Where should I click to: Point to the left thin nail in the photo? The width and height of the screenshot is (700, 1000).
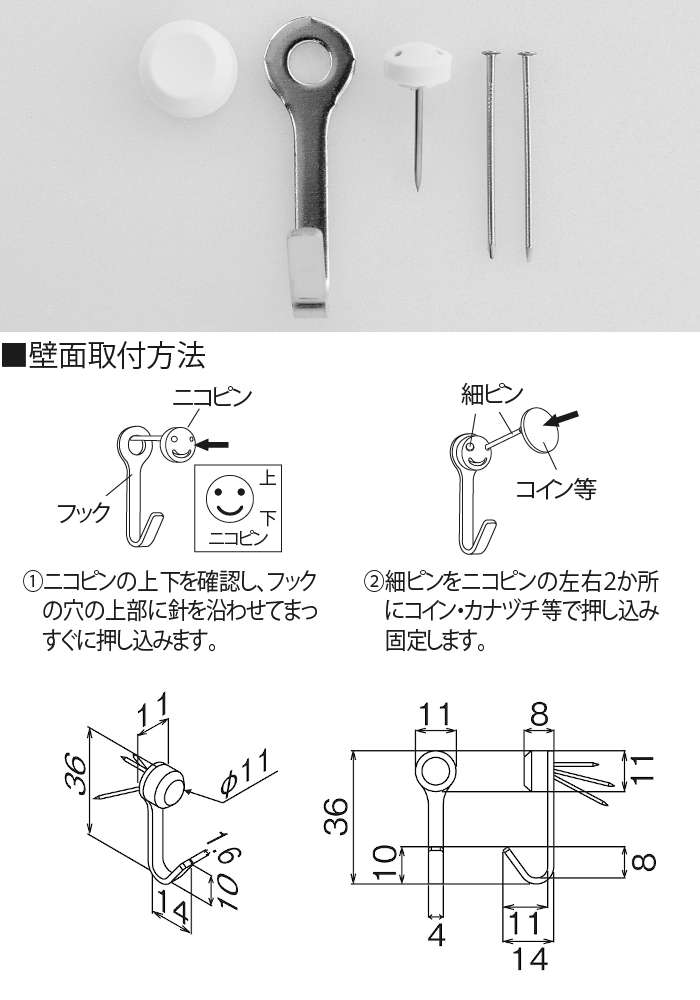coord(490,154)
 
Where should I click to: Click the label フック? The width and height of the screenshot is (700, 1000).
coord(84,511)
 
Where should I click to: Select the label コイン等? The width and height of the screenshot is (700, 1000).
coord(556,489)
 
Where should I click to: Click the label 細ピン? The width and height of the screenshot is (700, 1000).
coord(492,395)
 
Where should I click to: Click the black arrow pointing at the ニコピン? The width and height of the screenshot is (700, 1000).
coord(212,444)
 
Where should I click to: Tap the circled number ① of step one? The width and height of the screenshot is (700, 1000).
coord(33,582)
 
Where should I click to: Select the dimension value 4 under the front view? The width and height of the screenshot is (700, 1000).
coord(436,935)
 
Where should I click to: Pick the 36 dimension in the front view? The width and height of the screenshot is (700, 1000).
coord(336,816)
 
